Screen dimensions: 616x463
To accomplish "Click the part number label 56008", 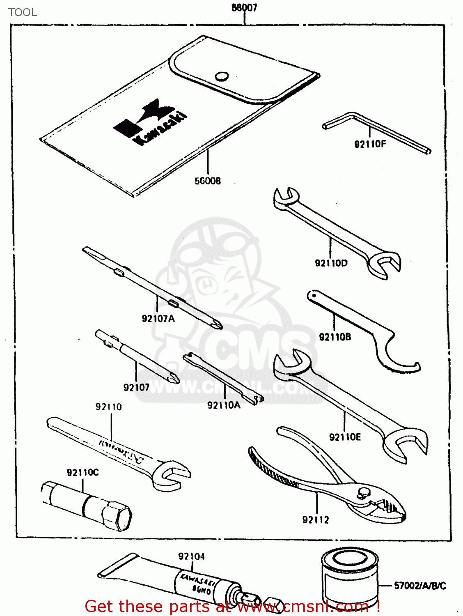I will pos(207,181).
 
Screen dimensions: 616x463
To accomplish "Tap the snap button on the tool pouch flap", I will pos(222,76).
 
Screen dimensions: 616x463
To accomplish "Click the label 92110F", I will pos(370,144).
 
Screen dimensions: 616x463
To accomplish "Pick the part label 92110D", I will pos(331,263).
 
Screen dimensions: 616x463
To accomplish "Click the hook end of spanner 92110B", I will pos(400,361).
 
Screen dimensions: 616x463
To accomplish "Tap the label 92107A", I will pos(158,318).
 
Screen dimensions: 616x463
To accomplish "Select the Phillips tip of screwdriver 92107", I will pos(172,377).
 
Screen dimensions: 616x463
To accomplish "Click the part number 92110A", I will pos(224,405).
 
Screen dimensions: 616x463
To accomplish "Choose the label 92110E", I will pos(345,437).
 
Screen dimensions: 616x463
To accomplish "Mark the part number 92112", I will pos(316,520).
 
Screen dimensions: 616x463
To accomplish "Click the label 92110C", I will pos(83,473).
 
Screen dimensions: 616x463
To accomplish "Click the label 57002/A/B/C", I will pos(419,586).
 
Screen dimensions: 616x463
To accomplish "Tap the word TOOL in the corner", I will pos(23,12).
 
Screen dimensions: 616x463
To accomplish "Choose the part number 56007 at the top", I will pos(244,8).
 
